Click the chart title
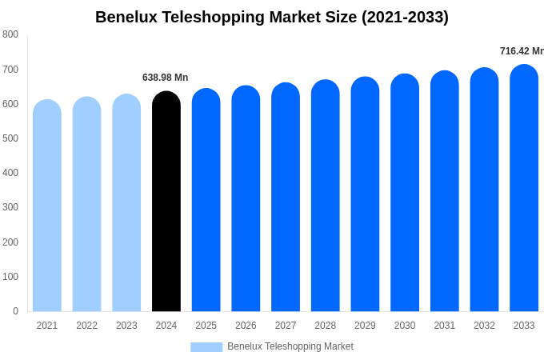(x=272, y=17)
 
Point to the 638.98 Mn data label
(x=166, y=78)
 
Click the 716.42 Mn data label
(x=522, y=51)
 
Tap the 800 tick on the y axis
(x=10, y=34)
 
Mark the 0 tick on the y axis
(x=15, y=311)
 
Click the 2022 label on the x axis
(x=87, y=326)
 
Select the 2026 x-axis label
(x=246, y=326)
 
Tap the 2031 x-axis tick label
(x=445, y=326)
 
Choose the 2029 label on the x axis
(x=365, y=326)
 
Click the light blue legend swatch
(x=206, y=347)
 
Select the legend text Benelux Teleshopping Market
(x=290, y=346)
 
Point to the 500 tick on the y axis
(x=10, y=138)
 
